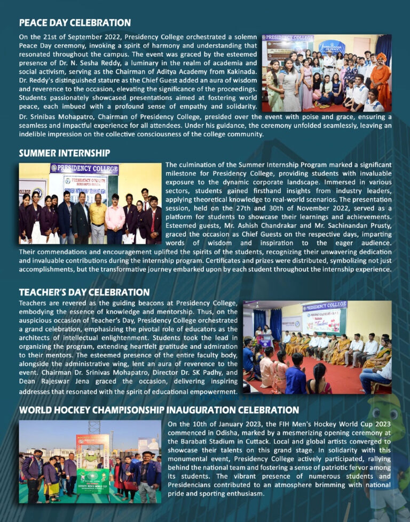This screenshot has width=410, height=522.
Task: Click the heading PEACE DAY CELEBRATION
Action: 75,23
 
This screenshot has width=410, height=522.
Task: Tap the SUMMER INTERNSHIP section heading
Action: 65,153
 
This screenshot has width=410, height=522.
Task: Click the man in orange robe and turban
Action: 380,77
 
